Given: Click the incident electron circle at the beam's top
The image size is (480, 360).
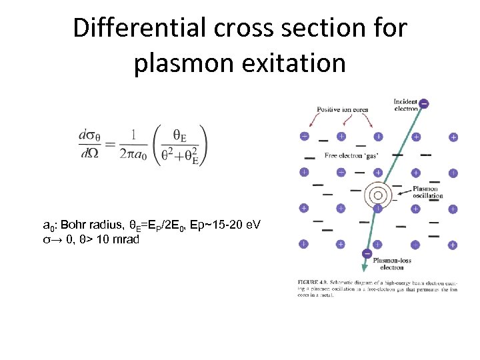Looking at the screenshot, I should point(424,104).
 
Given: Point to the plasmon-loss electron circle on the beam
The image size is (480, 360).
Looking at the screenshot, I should point(366,253).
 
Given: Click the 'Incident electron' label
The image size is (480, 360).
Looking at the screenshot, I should point(405,103).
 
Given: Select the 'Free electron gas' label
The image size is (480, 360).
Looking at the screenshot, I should point(351,155).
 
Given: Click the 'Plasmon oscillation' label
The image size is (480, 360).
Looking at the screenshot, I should point(427,192).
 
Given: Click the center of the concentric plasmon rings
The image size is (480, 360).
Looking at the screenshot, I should point(377,195).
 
